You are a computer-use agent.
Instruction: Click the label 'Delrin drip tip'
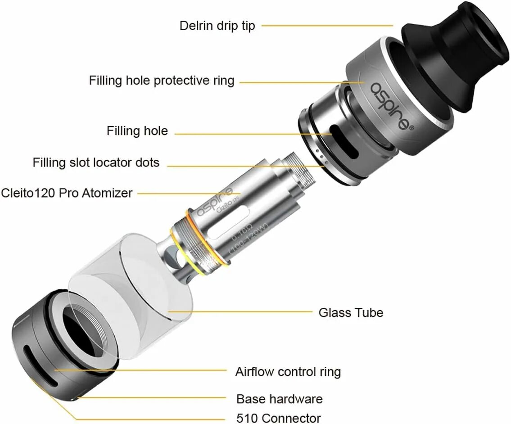tap(217, 26)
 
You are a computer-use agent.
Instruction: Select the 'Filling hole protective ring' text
tap(162, 81)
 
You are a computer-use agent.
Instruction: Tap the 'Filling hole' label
tap(137, 131)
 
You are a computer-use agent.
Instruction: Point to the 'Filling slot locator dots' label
tap(96, 162)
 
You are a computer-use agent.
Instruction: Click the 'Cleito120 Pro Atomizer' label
tap(67, 193)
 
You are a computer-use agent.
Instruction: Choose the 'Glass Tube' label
tap(351, 312)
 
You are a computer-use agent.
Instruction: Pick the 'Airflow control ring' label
tap(288, 372)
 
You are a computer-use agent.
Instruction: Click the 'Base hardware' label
tap(279, 399)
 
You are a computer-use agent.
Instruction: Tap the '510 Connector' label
tap(278, 418)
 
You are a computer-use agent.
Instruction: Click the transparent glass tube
tap(131, 288)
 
